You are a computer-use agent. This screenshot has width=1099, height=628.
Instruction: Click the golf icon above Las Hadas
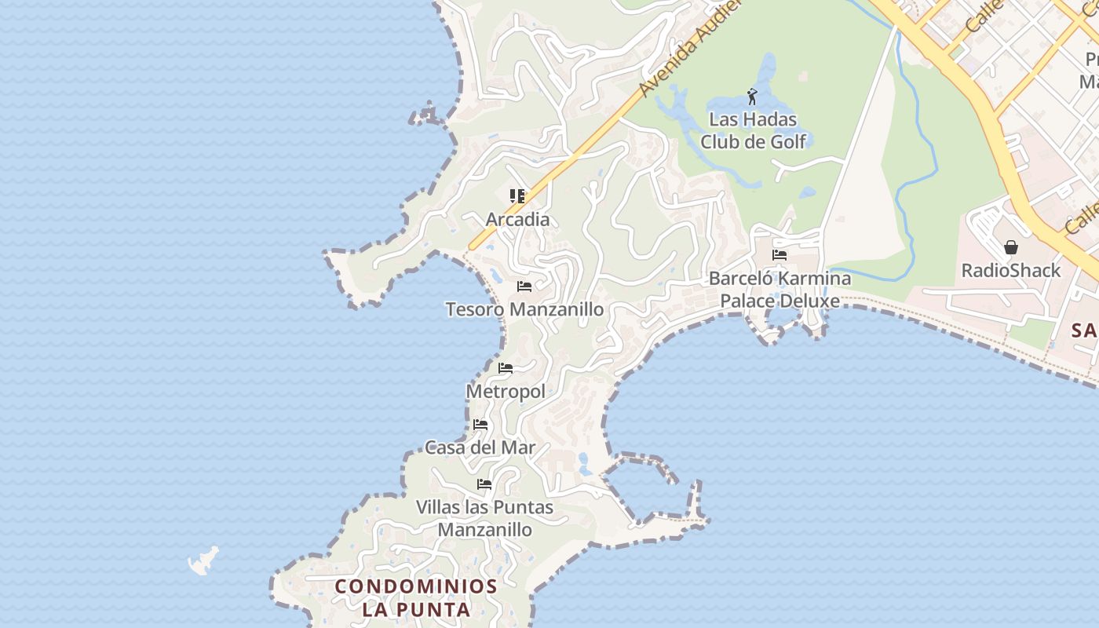click(752, 97)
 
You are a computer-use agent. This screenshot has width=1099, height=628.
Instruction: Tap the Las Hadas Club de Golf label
click(753, 131)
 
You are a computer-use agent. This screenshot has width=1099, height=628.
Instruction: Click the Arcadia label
click(517, 220)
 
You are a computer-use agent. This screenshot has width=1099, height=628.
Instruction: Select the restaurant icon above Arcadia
click(517, 196)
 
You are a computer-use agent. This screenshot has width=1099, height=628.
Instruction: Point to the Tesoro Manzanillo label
click(524, 309)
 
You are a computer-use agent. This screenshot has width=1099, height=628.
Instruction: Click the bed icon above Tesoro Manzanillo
click(524, 287)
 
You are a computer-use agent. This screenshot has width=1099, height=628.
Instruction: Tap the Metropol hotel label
click(506, 391)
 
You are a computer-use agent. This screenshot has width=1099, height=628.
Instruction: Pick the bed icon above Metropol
click(506, 367)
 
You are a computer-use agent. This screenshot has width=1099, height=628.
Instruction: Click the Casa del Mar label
click(480, 447)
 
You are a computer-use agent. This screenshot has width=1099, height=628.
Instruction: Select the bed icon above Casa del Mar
click(480, 425)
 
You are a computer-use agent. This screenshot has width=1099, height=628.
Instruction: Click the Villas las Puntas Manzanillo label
click(484, 518)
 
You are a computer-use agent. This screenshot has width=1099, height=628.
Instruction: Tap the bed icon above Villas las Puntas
click(484, 484)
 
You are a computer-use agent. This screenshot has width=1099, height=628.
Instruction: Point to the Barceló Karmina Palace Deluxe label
click(780, 289)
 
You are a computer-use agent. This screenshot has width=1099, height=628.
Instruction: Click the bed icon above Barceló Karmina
click(780, 255)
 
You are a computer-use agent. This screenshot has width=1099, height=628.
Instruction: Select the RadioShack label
click(1011, 271)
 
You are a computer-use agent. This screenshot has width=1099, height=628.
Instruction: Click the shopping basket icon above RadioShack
click(1011, 247)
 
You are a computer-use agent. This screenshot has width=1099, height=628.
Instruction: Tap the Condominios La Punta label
click(416, 597)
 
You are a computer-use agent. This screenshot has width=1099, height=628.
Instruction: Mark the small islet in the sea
click(203, 560)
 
